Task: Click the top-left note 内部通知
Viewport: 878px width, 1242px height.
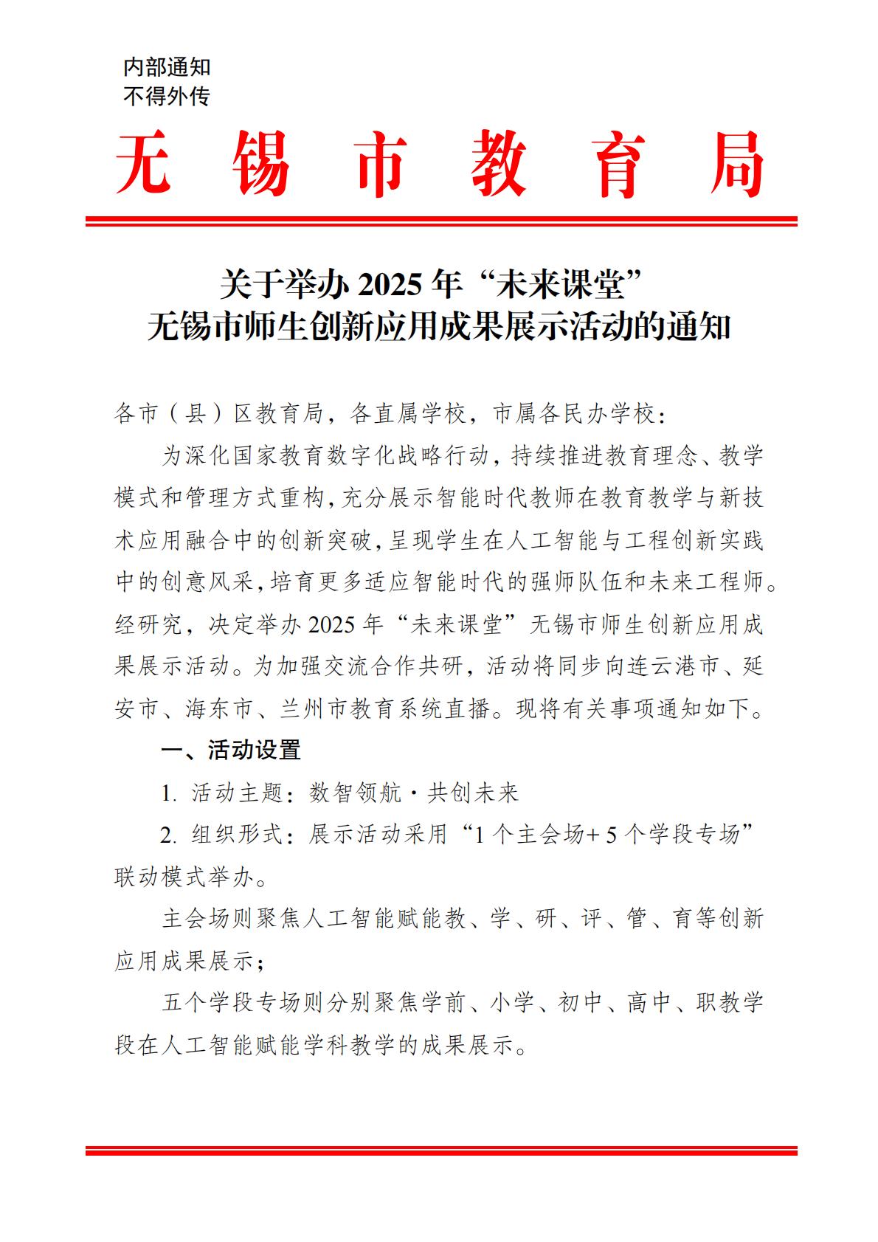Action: (167, 68)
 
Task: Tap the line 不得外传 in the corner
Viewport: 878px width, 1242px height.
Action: (167, 97)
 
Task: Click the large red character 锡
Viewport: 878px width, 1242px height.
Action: (260, 165)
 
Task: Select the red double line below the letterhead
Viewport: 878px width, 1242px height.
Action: (441, 221)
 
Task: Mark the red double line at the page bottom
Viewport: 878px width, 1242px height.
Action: (441, 1150)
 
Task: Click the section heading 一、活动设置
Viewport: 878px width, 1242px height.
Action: (232, 751)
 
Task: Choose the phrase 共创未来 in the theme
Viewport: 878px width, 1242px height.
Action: (474, 793)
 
